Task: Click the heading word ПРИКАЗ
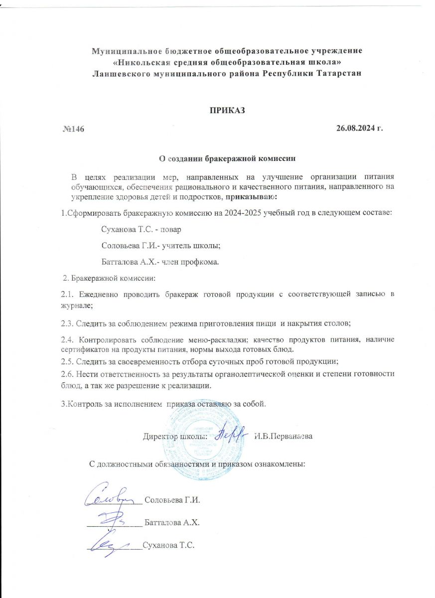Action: [x=227, y=110]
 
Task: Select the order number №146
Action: [x=73, y=130]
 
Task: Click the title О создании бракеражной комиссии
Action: [x=227, y=159]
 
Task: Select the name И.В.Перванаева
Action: [x=283, y=437]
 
